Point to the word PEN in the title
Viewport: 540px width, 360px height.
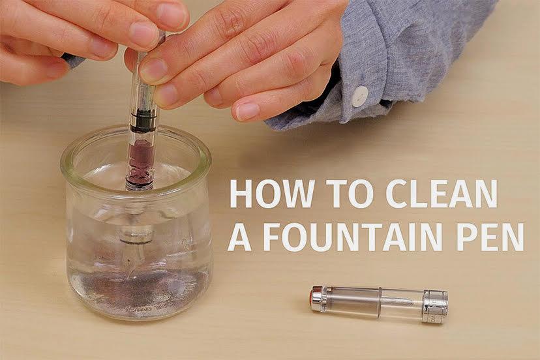pos(490,237)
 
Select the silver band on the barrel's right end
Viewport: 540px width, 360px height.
pos(435,307)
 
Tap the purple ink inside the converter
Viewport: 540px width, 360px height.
pos(140,158)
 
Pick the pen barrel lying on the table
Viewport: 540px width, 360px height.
pos(379,304)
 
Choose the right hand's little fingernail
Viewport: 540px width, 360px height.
pos(247,111)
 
